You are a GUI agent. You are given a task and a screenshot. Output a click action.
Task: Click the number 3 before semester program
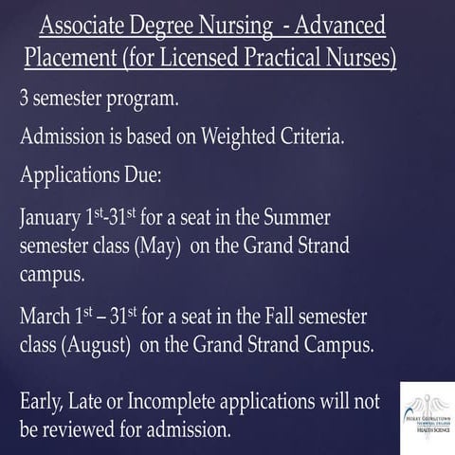coord(25,98)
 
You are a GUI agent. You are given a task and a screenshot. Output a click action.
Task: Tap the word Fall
coord(270,316)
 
